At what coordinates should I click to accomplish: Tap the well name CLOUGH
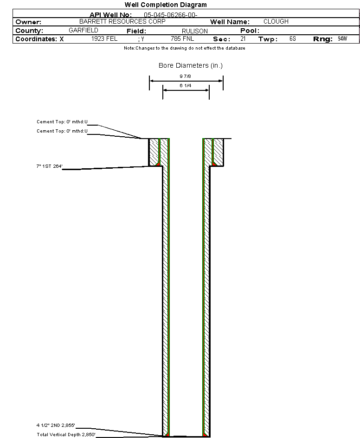[x=276, y=22]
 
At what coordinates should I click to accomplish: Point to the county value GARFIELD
[x=83, y=30]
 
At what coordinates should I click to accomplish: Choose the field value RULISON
[x=194, y=31]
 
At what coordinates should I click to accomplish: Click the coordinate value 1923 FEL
[x=104, y=39]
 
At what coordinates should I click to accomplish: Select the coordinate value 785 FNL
[x=182, y=39]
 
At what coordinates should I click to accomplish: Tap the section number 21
[x=243, y=39]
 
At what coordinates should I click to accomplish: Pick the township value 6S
[x=292, y=39]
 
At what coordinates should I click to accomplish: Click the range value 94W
[x=342, y=39]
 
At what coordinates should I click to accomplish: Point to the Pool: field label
[x=249, y=31]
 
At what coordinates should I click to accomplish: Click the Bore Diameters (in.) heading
[x=190, y=66]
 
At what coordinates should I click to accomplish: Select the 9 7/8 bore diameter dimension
[x=186, y=76]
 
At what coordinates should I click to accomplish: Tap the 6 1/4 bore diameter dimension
[x=186, y=86]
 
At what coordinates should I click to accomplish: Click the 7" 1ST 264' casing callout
[x=50, y=166]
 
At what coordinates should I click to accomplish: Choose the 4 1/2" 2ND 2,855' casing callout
[x=56, y=425]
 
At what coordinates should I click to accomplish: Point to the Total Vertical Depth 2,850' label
[x=66, y=434]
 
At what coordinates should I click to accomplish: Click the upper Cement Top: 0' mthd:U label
[x=62, y=122]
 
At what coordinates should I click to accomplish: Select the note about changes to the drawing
[x=184, y=48]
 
